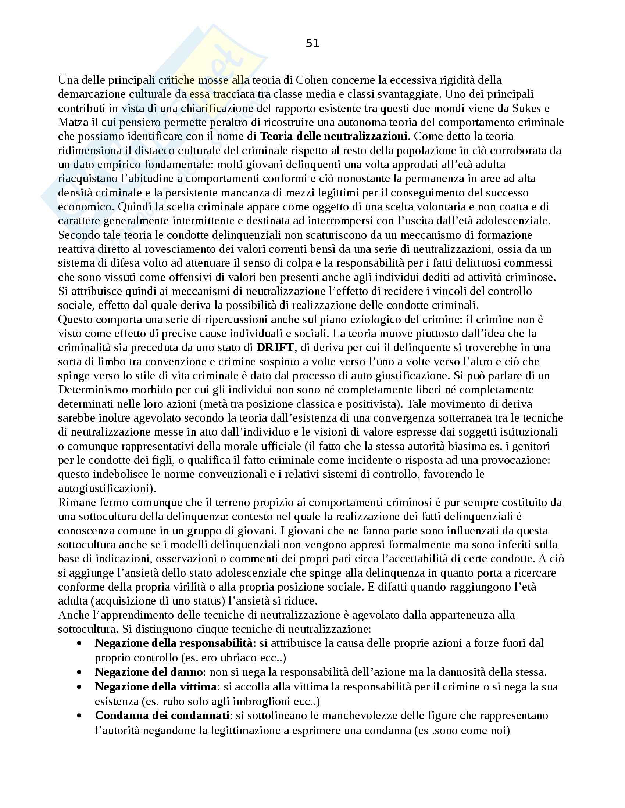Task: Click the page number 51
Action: pos(312,44)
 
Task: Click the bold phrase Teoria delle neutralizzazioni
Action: pos(333,137)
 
